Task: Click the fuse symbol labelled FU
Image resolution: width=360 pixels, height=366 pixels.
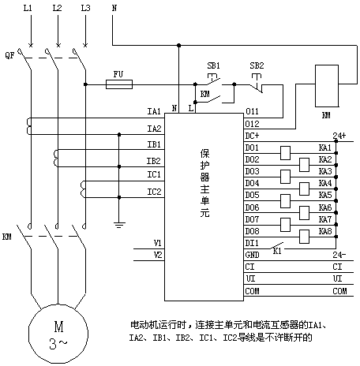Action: click(119, 84)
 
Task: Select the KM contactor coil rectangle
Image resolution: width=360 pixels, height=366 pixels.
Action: click(327, 86)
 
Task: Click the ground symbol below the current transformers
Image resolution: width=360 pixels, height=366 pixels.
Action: click(119, 225)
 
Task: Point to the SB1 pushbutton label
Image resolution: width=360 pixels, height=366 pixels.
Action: click(213, 65)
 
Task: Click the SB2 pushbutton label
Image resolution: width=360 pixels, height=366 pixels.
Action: click(257, 65)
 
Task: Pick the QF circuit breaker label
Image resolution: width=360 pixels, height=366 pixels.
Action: click(9, 56)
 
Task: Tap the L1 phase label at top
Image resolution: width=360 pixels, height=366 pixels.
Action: click(28, 8)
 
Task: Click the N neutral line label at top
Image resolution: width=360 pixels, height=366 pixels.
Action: click(114, 8)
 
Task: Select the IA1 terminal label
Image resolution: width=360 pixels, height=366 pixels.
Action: click(154, 111)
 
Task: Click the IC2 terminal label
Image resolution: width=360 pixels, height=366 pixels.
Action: click(154, 192)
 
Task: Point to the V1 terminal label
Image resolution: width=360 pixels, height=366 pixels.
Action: click(157, 243)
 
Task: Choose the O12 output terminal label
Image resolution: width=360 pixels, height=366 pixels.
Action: click(253, 124)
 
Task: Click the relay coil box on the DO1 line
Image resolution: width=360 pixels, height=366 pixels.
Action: click(285, 153)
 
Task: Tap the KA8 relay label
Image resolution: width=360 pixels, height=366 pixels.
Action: click(325, 231)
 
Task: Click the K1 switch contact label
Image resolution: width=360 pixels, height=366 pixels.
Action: click(277, 251)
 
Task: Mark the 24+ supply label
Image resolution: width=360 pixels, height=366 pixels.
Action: click(339, 136)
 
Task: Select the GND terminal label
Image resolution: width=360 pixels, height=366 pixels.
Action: click(252, 255)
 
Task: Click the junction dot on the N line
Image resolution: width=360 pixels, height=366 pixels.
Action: click(179, 46)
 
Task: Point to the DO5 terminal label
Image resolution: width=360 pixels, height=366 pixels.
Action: click(252, 195)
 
